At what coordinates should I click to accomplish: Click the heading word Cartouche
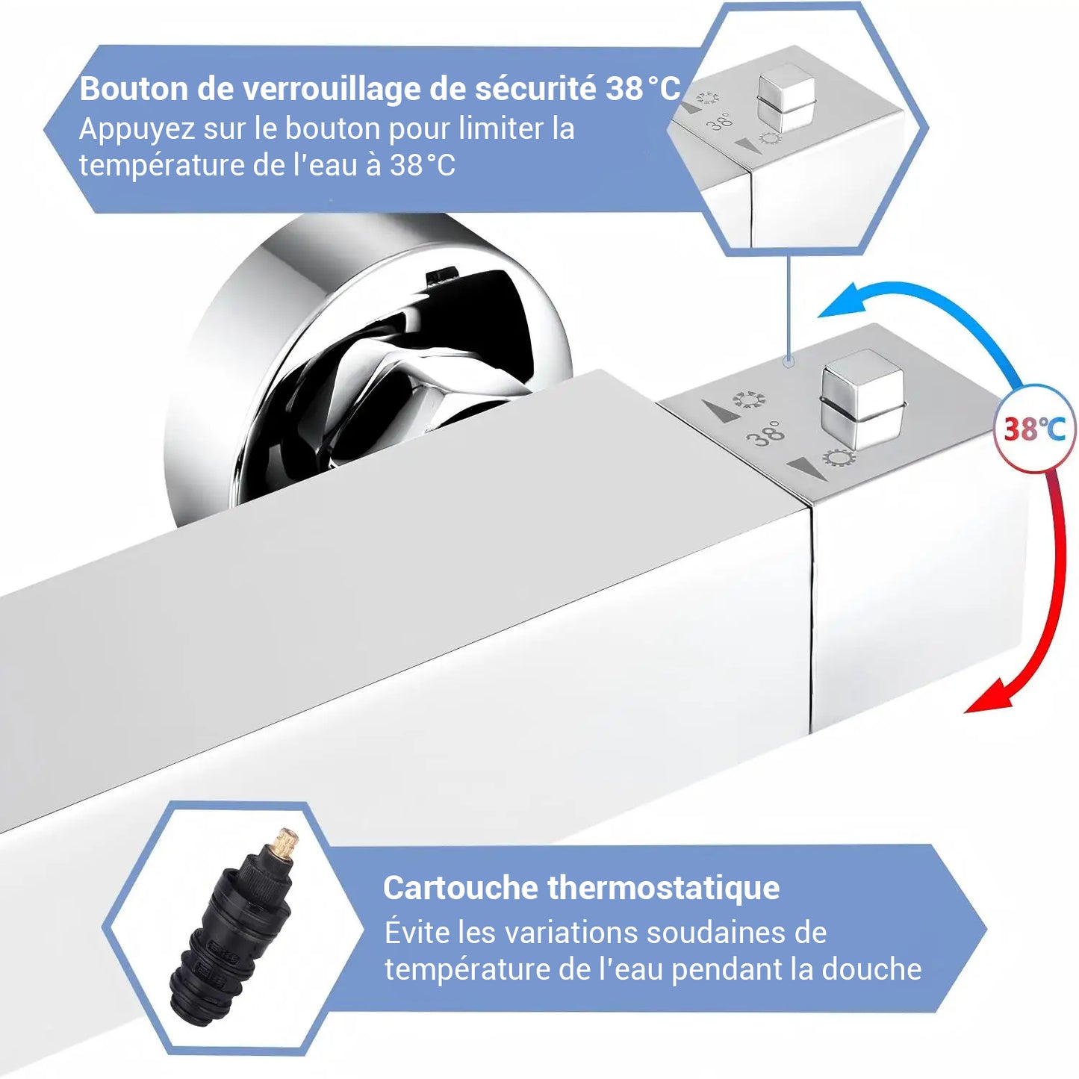tap(460, 888)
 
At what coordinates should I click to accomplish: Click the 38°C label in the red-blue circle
tap(1034, 429)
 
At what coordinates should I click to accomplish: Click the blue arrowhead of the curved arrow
tap(840, 305)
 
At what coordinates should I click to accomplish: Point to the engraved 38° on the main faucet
tap(766, 432)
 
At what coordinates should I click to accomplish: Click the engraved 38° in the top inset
tap(720, 120)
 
